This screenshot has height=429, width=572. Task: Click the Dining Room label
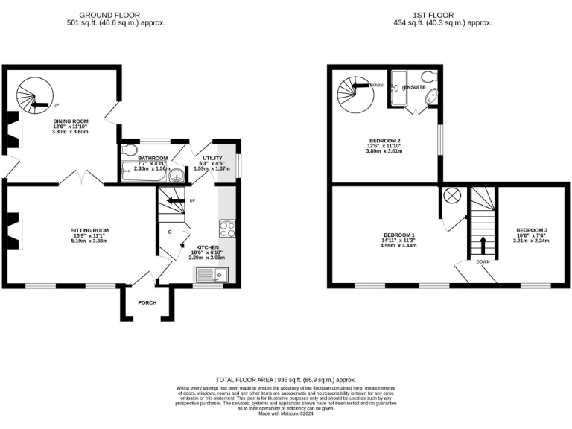70,121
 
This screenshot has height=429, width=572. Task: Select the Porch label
147,302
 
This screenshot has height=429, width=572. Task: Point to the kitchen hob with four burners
227,228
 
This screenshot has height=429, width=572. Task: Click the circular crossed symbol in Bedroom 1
452,196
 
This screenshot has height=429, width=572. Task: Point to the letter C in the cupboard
171,232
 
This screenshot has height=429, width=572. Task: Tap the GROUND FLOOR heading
111,15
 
